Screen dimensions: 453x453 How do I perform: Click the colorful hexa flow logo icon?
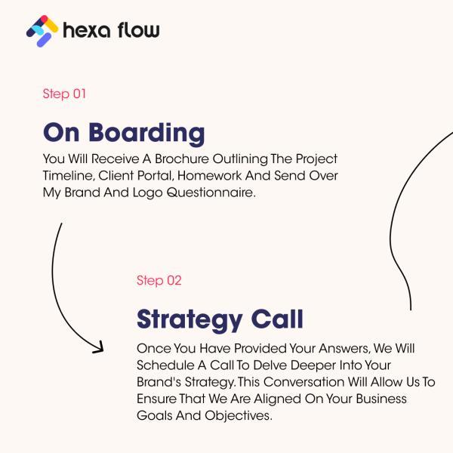42,31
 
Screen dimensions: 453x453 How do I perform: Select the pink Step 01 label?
64,94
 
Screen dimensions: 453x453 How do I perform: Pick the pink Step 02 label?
159,281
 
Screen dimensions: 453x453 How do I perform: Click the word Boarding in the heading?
146,134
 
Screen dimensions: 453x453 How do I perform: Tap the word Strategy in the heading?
190,320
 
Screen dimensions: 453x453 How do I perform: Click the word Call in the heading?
277,319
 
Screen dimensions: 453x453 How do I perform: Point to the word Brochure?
182,159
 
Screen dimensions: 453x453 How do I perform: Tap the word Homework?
210,176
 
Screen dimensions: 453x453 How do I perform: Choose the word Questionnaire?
211,193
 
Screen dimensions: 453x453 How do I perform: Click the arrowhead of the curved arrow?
99,347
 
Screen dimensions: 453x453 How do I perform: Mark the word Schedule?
165,365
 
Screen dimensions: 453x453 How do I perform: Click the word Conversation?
304,382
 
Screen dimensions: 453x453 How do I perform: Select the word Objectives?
239,416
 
